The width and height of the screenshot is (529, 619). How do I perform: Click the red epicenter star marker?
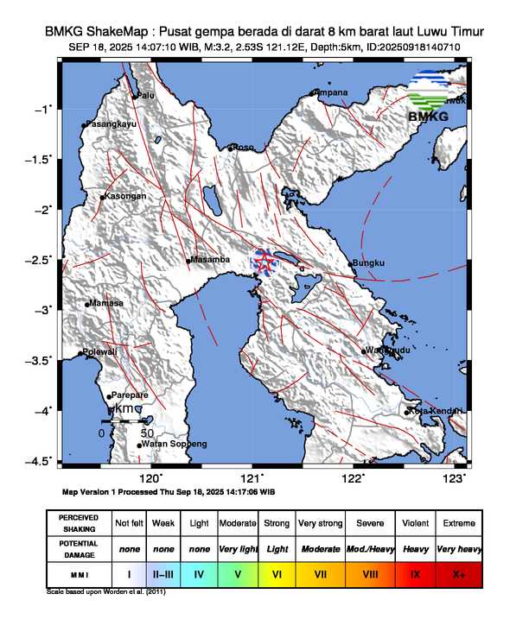(264, 261)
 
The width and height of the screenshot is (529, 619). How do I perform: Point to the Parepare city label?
(130, 395)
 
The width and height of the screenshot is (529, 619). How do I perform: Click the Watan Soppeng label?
(174, 444)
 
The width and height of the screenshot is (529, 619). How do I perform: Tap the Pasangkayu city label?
(112, 125)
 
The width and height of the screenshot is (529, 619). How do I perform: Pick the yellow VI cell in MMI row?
(277, 573)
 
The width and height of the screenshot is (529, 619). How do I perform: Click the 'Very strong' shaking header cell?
(320, 523)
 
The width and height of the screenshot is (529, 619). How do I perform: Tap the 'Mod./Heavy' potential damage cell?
(367, 548)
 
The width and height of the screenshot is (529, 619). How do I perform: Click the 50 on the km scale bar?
(146, 432)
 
